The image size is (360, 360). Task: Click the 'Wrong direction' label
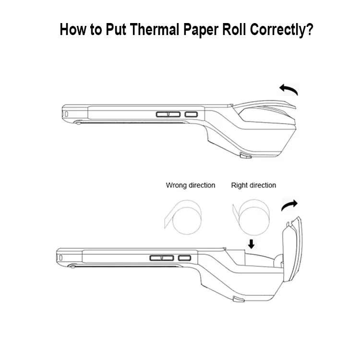pos(191,185)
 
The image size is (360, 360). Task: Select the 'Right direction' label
pos(253,185)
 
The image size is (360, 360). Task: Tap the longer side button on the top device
pos(168,114)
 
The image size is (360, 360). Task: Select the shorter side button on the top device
pos(191,114)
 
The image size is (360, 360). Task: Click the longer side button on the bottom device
pos(162,258)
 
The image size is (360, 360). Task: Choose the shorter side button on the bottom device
pos(185,258)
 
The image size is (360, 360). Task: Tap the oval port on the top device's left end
pos(67,114)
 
